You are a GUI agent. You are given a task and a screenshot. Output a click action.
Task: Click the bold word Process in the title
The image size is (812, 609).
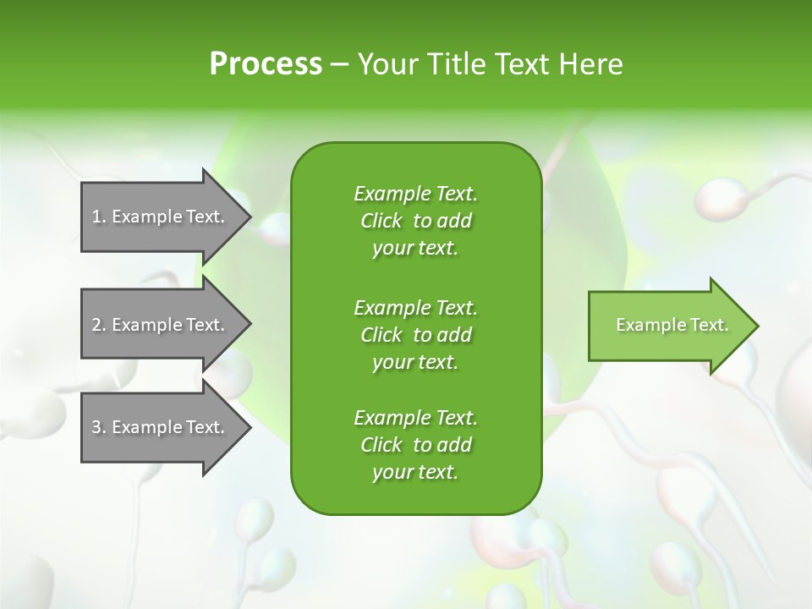(266, 64)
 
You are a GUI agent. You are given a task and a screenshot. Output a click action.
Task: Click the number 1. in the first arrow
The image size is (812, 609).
(99, 217)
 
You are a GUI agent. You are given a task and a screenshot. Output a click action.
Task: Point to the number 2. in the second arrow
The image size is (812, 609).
(99, 325)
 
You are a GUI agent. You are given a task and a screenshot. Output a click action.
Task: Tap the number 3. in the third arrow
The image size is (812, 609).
(99, 427)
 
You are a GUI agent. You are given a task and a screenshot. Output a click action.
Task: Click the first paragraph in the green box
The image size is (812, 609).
(415, 221)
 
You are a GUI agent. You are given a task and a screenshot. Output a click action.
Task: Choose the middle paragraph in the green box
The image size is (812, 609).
(415, 334)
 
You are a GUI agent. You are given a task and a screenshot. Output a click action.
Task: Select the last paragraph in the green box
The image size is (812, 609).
(415, 445)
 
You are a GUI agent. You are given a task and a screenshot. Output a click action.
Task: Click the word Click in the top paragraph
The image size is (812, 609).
(381, 221)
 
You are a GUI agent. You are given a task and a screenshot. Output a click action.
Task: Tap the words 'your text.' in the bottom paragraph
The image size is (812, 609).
(415, 472)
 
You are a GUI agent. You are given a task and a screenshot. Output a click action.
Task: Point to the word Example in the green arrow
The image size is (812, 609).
(645, 325)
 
